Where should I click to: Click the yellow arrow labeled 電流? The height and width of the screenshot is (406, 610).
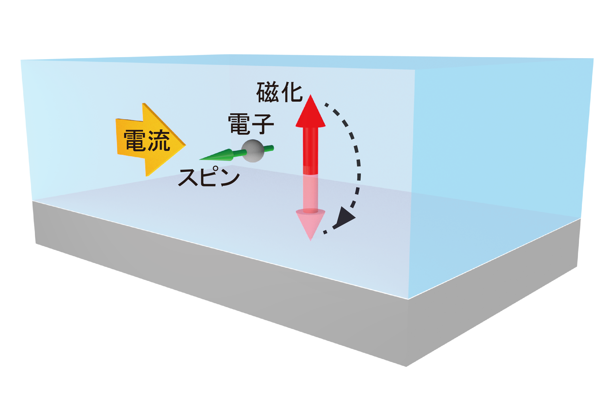pos(150,140)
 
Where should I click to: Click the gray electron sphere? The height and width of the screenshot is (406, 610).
pos(253,151)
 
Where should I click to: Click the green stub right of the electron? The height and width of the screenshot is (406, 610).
pos(269,148)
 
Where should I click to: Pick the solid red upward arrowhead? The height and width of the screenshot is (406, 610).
pos(310,111)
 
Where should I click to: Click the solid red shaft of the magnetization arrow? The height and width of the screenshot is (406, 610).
pos(310,151)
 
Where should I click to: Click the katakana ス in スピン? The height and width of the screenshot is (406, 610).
pos(188,178)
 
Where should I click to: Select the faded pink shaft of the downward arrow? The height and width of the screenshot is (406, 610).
pos(310,193)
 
